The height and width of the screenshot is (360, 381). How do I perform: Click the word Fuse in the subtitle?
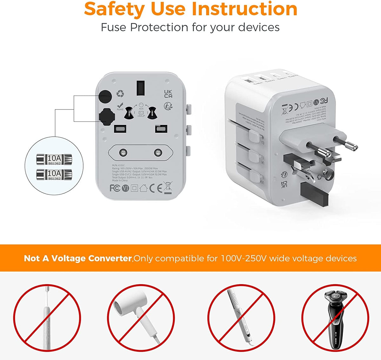114,27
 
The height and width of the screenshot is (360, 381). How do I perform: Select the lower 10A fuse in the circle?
54,174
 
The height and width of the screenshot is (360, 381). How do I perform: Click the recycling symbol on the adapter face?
120,94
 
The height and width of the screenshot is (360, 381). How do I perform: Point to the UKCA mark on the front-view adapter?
168,94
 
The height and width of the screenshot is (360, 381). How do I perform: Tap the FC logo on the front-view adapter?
115,188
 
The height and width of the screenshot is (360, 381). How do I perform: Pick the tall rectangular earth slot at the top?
140,88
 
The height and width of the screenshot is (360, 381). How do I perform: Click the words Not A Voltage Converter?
78,259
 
